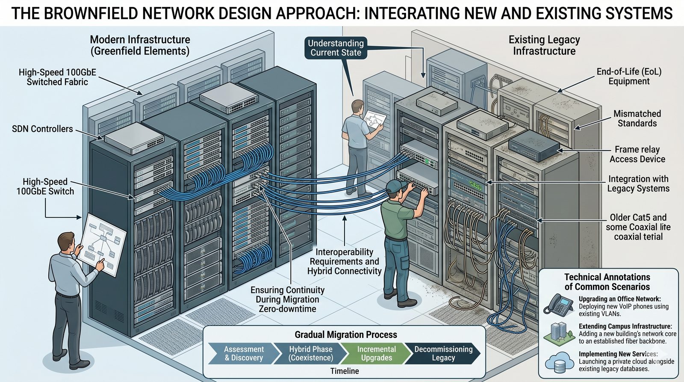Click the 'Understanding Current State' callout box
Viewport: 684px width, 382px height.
(336, 48)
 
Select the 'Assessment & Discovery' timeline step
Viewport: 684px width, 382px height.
(244, 353)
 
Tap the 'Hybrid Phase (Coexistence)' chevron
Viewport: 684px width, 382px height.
(310, 353)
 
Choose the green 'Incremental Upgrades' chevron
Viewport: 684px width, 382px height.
(376, 353)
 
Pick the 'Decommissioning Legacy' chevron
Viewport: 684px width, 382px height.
(443, 353)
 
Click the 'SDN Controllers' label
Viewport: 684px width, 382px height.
(42, 129)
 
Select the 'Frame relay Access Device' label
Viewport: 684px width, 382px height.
(637, 154)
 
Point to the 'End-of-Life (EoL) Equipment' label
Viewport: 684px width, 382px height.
(629, 76)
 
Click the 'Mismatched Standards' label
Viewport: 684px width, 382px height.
(637, 118)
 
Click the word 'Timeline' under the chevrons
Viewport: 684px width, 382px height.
(345, 371)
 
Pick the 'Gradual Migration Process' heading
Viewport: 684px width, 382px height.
(345, 335)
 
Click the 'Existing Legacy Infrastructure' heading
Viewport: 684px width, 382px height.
(544, 45)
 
